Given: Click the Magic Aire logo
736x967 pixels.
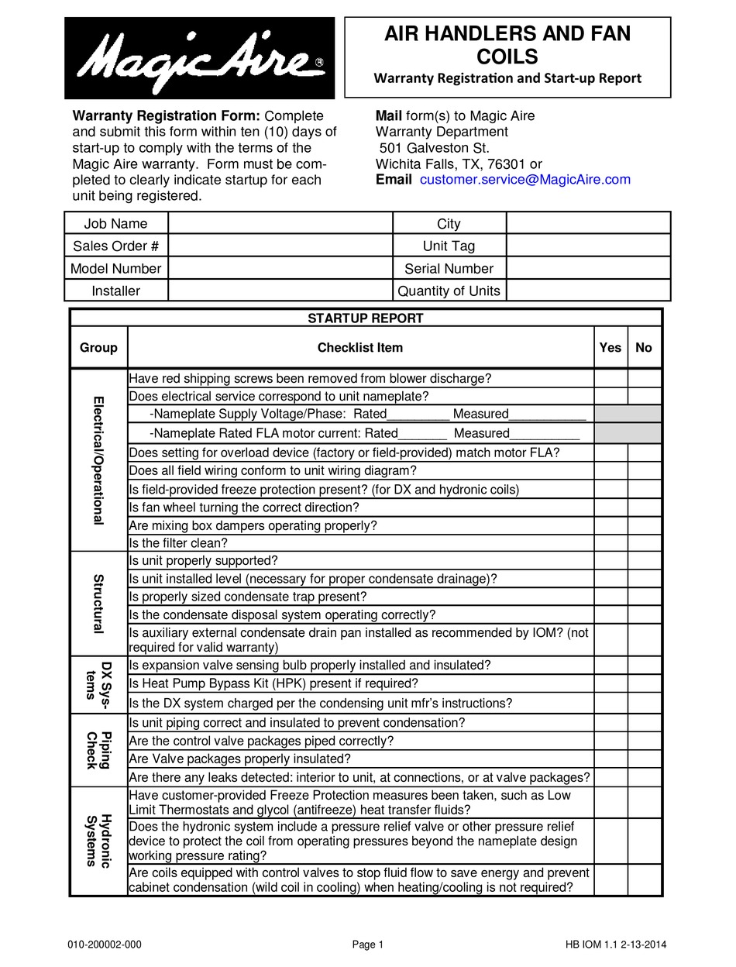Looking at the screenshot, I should coord(199,58).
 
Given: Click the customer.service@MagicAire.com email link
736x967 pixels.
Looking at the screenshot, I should coord(524,180).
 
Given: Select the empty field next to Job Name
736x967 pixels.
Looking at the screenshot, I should coord(280,224).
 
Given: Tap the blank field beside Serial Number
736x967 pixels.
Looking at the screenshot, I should coord(588,269).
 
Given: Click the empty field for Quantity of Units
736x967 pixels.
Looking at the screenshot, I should coord(588,291).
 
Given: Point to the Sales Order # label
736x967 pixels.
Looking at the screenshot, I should coord(116,246).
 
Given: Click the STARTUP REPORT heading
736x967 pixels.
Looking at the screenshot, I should coord(366,318).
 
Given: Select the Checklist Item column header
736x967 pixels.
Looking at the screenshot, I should coord(360,348).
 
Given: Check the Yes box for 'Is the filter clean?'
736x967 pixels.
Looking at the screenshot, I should coord(610,543).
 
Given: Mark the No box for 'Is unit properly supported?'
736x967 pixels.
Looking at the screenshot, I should coord(644,561).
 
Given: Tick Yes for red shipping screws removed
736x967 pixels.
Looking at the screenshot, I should coord(610,378).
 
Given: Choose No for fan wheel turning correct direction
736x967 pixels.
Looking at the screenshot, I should coord(644,508).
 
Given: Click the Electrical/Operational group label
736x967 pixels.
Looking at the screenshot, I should coord(98,460).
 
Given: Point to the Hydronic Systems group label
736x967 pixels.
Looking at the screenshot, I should coord(98,841).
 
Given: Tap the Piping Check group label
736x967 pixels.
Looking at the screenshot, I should coord(98,750).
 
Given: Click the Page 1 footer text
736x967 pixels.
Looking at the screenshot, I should coord(368,945).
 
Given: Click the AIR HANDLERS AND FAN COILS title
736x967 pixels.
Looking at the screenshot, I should coord(507,45).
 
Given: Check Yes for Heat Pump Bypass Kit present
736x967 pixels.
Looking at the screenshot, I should coord(610,683).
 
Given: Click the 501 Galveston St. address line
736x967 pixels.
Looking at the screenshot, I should coord(434,148).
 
